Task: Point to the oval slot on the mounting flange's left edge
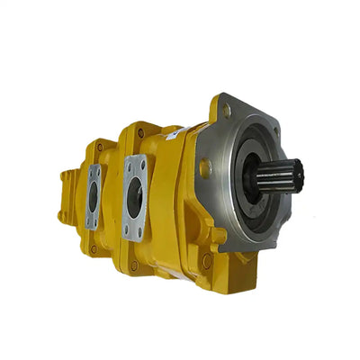pyautogui.click(x=207, y=167)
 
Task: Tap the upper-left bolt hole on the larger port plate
pyautogui.click(x=128, y=164)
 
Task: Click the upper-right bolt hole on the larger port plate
pyautogui.click(x=143, y=160)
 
